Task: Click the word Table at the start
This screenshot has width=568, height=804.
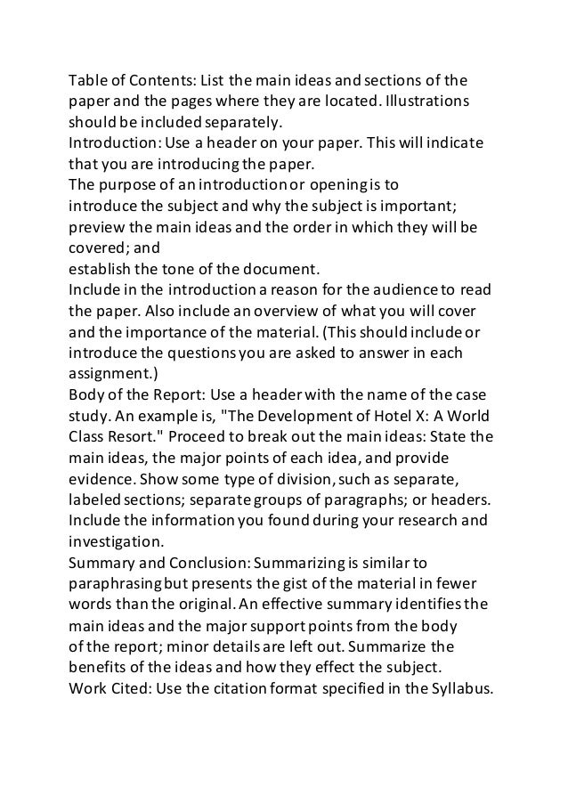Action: pos(88,80)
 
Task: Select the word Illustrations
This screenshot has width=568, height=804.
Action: pos(424,101)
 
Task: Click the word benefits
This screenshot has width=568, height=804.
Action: pos(99,665)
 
